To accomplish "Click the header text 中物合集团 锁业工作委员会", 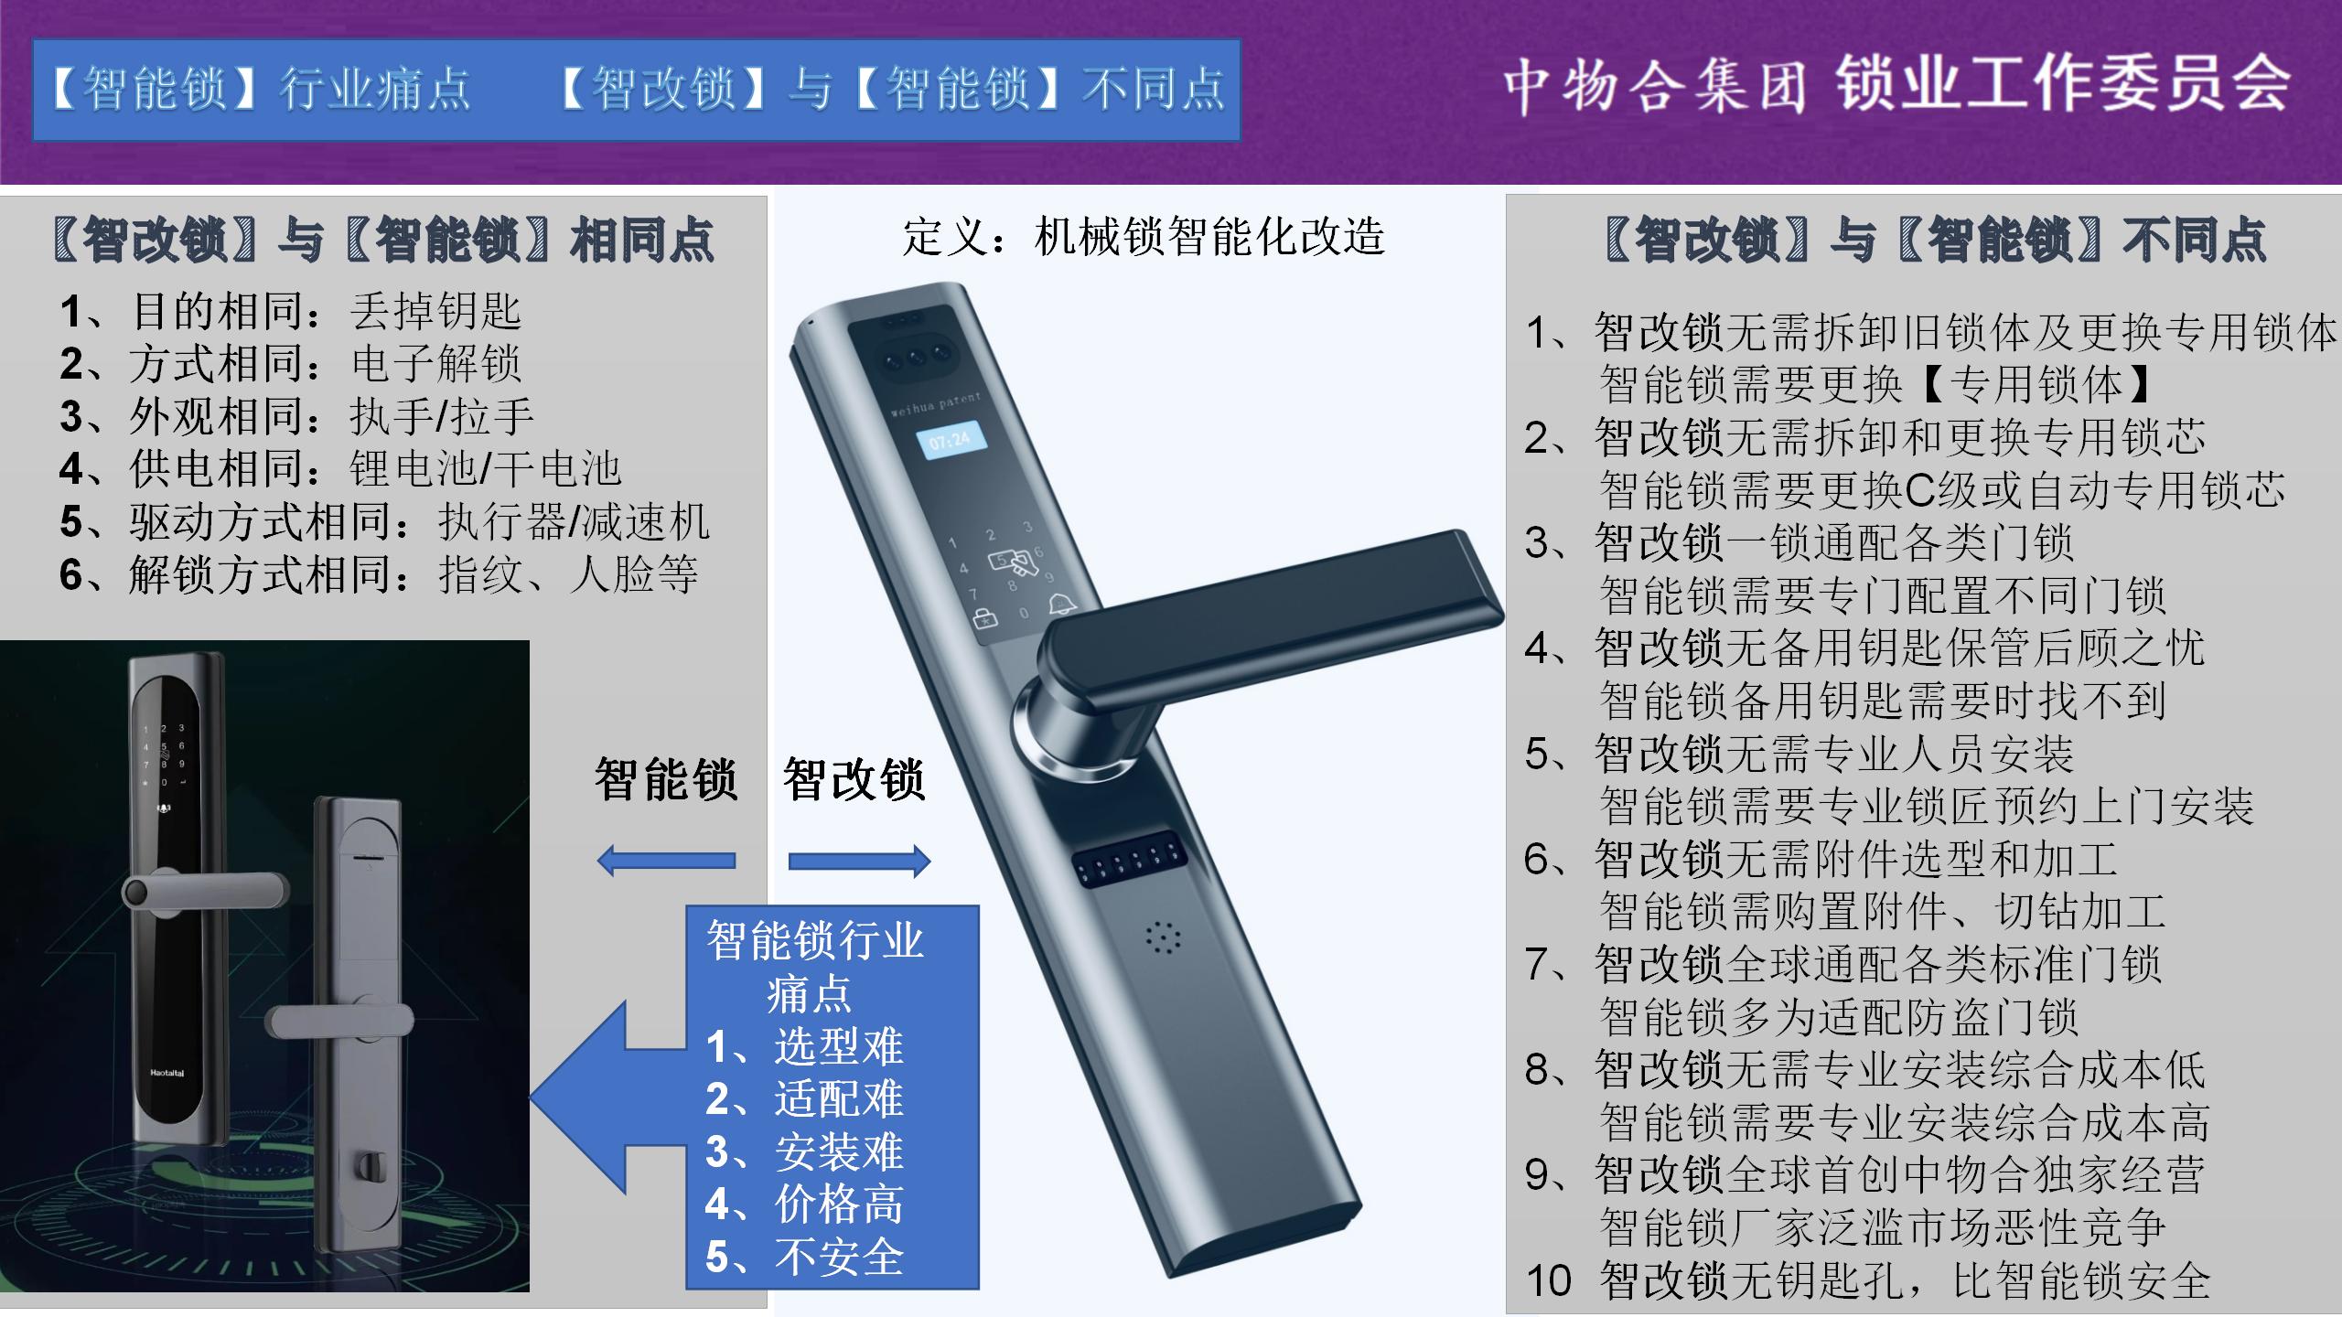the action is coord(1896,85).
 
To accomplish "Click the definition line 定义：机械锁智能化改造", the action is coord(1144,236).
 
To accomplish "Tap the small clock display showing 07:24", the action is coord(950,442).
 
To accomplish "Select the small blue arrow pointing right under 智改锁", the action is coord(859,861).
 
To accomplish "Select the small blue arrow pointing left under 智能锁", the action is coord(666,861).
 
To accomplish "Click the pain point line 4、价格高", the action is coord(804,1204).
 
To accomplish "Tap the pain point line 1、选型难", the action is coord(804,1046).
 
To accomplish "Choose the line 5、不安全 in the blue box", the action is coord(804,1257).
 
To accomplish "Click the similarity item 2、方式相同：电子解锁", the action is coord(291,364).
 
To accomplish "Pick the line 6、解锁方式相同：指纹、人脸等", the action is coord(379,575).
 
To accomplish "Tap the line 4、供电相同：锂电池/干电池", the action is coord(340,469).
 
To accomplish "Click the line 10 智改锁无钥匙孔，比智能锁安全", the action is coord(1868,1280).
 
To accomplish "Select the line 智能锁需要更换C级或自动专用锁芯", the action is coord(1942,490).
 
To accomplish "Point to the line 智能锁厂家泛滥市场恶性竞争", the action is coord(1883,1227).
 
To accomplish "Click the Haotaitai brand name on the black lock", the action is coord(167,1073).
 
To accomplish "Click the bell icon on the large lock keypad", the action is coord(1061,603).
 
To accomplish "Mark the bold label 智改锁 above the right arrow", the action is coord(854,780).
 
